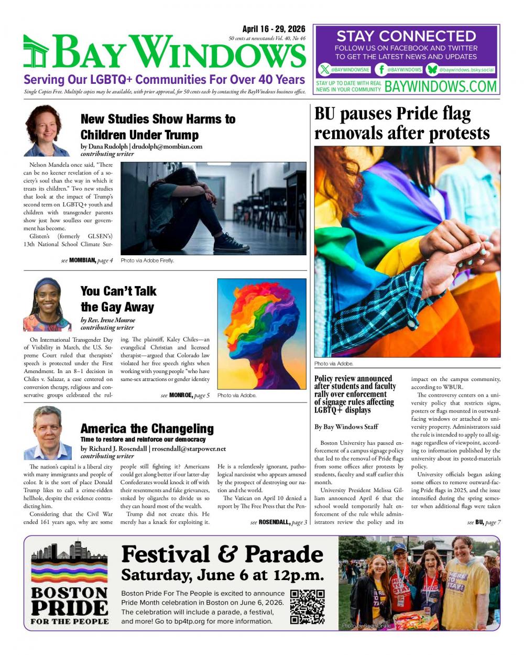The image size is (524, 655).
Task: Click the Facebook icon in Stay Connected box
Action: click(381, 69)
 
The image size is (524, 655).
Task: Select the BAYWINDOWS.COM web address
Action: click(440, 86)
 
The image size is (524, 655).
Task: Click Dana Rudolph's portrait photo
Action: click(47, 130)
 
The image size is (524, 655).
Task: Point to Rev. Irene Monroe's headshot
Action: click(47, 304)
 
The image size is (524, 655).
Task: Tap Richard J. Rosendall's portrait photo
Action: click(47, 433)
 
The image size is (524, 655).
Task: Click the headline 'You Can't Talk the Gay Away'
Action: click(118, 299)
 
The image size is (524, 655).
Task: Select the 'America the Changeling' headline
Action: click(147, 428)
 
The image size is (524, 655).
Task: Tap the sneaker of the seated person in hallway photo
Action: click(231, 243)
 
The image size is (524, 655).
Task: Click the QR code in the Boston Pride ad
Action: click(307, 606)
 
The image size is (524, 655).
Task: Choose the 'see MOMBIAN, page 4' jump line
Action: click(87, 260)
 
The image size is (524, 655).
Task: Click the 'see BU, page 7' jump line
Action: click(484, 522)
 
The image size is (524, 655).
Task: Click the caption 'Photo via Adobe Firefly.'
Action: click(147, 260)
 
